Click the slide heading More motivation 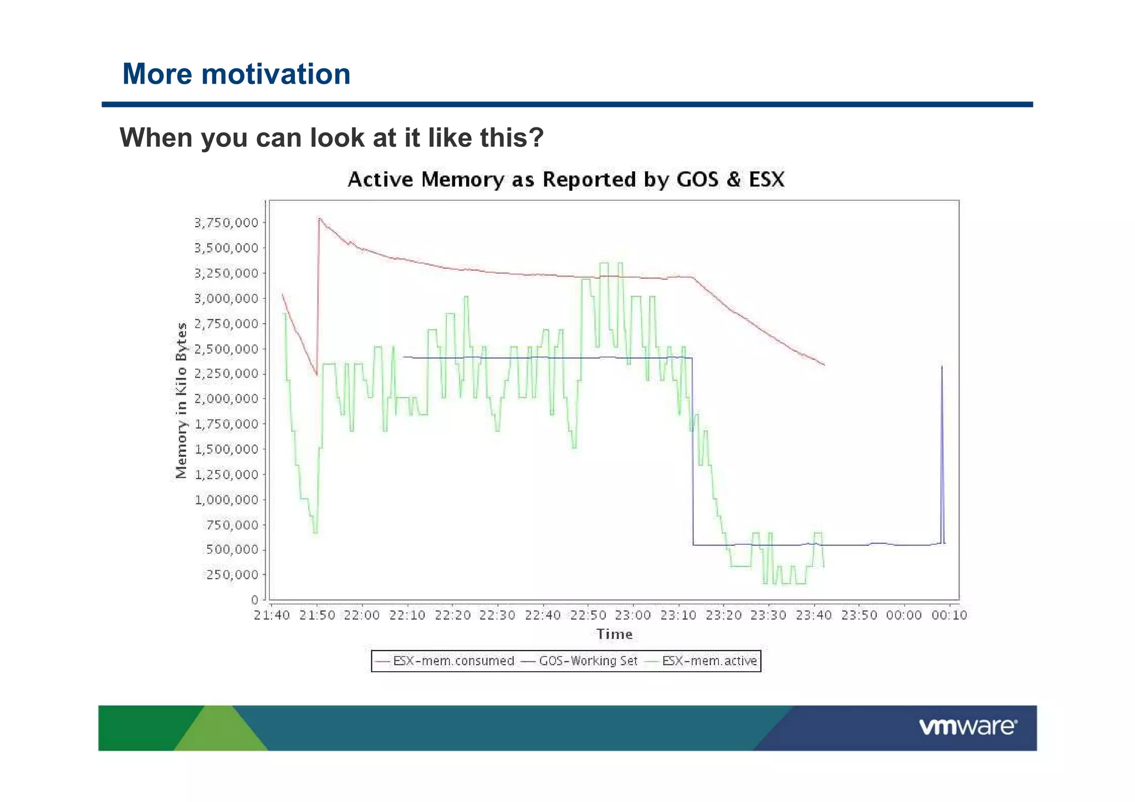tap(236, 74)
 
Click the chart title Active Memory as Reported tap(566, 180)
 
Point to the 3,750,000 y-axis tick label tap(226, 223)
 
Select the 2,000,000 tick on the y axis tap(226, 399)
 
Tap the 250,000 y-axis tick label tap(232, 575)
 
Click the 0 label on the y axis tap(254, 600)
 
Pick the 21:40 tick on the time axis tap(272, 615)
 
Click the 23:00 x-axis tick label tap(633, 615)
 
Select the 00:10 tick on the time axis tap(949, 615)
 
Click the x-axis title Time tap(614, 634)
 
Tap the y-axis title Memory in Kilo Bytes tap(181, 400)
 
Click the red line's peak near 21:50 tap(319, 218)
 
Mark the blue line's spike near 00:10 tap(942, 367)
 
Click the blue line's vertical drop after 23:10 tap(693, 454)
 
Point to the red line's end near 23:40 tap(824, 365)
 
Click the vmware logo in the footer tap(968, 727)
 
